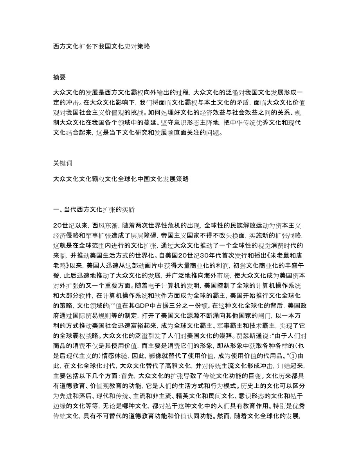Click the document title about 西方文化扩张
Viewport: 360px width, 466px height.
[101, 46]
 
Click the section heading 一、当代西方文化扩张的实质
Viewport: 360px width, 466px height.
[94, 210]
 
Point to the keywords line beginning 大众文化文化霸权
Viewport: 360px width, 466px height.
[121, 179]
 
